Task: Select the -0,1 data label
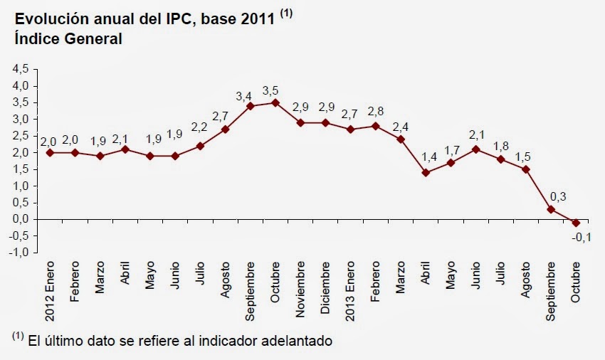coord(582,237)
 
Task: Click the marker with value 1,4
coord(425,172)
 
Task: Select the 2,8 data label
coord(377,111)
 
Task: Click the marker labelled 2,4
coord(400,139)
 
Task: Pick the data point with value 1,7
coord(451,162)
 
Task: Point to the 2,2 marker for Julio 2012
coord(200,146)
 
